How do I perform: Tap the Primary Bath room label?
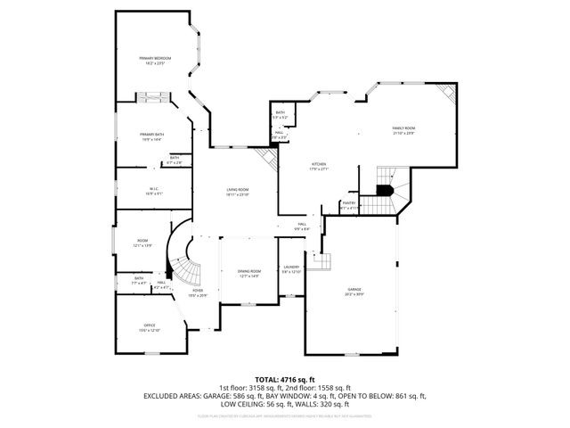151,135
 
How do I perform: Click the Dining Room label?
248,271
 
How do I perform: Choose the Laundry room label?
291,267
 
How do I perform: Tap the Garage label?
354,290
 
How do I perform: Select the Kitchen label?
319,164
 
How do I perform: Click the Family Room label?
404,128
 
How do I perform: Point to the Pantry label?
349,203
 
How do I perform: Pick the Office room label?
150,325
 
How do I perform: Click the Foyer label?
198,291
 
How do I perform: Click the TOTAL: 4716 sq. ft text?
284,379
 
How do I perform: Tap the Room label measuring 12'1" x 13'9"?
142,241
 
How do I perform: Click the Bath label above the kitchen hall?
280,113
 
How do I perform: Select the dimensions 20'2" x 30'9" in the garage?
354,295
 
